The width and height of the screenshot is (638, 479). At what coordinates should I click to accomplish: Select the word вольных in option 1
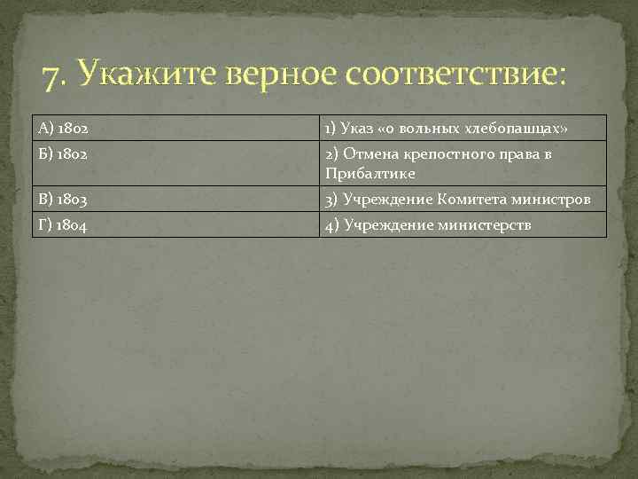coord(432,129)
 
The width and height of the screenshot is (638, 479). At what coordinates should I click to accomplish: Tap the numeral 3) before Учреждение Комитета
coord(331,200)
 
